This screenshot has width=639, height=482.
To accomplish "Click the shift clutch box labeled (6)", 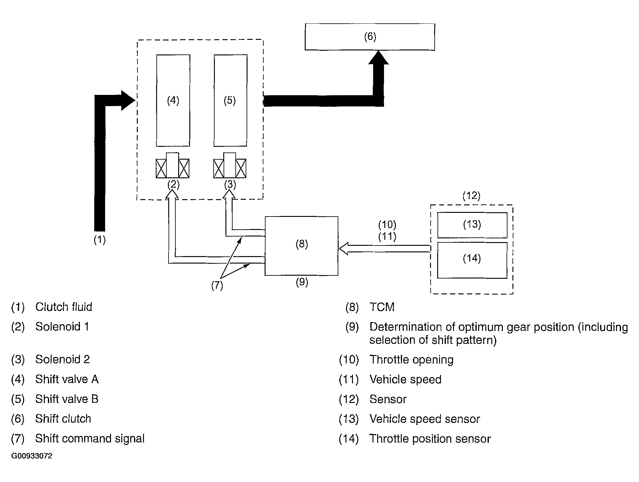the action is click(x=370, y=37).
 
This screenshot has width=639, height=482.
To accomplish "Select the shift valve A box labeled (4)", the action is click(x=173, y=101).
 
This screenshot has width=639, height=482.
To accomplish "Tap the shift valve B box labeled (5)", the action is click(x=230, y=101).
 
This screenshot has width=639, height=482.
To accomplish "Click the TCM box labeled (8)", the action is click(x=301, y=246).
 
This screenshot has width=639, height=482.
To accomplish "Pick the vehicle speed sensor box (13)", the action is click(x=472, y=225).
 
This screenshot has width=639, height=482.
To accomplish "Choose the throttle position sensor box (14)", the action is click(x=472, y=260).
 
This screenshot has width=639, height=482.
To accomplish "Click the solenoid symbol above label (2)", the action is click(x=173, y=165).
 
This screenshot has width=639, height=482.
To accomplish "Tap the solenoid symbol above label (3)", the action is click(x=230, y=165).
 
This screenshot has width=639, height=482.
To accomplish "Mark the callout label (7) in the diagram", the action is click(x=217, y=285).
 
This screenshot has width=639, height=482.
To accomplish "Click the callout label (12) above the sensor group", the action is click(x=471, y=196).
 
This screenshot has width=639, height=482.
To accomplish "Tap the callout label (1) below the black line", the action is click(x=100, y=240).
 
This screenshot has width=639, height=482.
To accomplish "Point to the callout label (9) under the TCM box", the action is click(x=302, y=282).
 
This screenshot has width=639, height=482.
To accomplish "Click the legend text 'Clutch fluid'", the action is click(x=64, y=307).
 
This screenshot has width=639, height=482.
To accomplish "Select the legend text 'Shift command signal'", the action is click(x=90, y=438).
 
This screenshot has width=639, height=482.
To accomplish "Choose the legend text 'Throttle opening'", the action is click(x=411, y=360).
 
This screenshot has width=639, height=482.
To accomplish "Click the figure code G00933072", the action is click(x=32, y=456).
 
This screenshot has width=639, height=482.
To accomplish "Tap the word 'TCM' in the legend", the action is click(x=382, y=307).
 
